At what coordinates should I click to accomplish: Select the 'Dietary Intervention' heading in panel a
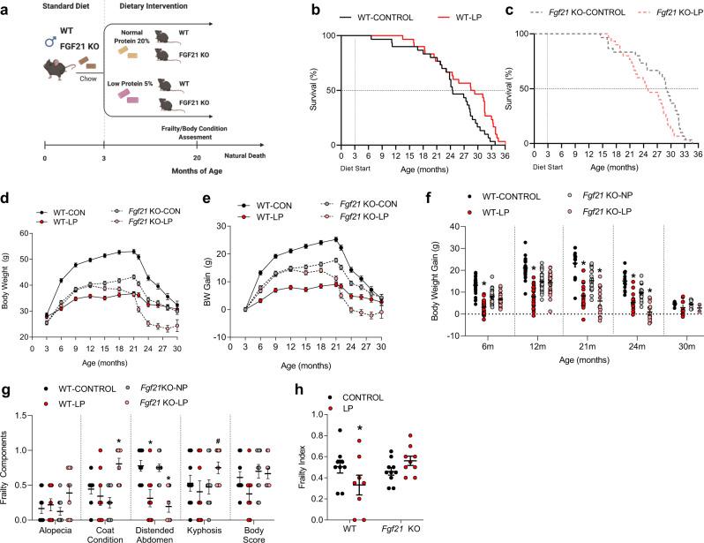click(x=163, y=8)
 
